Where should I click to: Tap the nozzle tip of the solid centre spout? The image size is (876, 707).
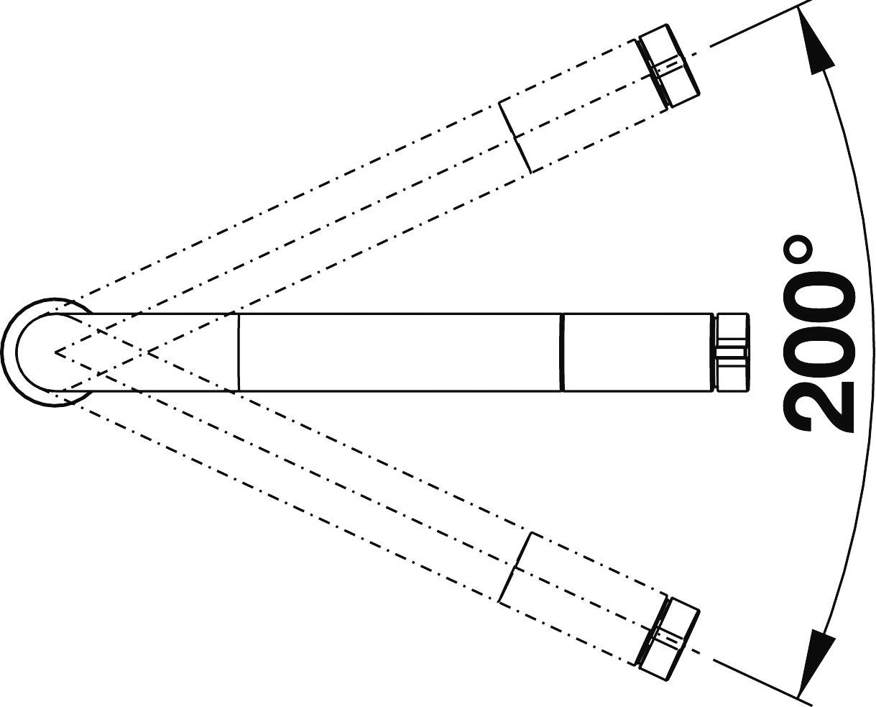pos(732,352)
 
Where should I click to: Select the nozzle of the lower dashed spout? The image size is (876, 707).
pos(668,639)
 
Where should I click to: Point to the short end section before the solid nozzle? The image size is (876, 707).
pos(638,352)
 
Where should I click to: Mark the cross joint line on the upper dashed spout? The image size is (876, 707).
pos(516,135)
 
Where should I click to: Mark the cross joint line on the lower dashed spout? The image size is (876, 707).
pos(516,569)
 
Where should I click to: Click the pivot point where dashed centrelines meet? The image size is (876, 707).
pos(56,353)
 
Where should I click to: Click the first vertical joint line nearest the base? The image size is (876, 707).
pos(238,352)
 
